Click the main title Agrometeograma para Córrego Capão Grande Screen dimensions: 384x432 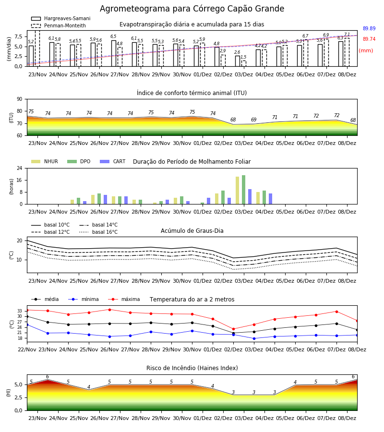pos(192,9)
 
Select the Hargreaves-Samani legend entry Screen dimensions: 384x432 pos(61,18)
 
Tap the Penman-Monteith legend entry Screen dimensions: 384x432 pos(59,25)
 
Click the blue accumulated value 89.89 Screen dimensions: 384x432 pos(369,28)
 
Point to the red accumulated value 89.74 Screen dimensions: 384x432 pos(369,39)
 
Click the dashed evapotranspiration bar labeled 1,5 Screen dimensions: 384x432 pos(243,63)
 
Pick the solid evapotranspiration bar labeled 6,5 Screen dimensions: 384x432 pos(113,53)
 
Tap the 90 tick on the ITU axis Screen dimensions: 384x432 pos(20,99)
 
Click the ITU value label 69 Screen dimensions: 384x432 pos(254,120)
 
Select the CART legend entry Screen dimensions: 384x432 pos(113,161)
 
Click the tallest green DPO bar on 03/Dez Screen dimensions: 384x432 pos(243,190)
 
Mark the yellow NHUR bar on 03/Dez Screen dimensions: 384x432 pos(238,191)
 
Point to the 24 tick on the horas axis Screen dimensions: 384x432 pos(20,168)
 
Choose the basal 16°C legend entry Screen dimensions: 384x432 pos(98,232)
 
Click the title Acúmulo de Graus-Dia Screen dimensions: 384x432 pos(192,230)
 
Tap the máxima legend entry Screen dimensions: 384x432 pos(124,299)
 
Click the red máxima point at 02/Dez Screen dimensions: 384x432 pos(234,329)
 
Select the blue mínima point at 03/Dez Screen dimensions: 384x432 pos(254,338)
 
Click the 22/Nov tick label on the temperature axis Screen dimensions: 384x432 pos(27,349)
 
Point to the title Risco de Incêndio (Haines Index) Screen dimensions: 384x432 pos(192,368)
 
